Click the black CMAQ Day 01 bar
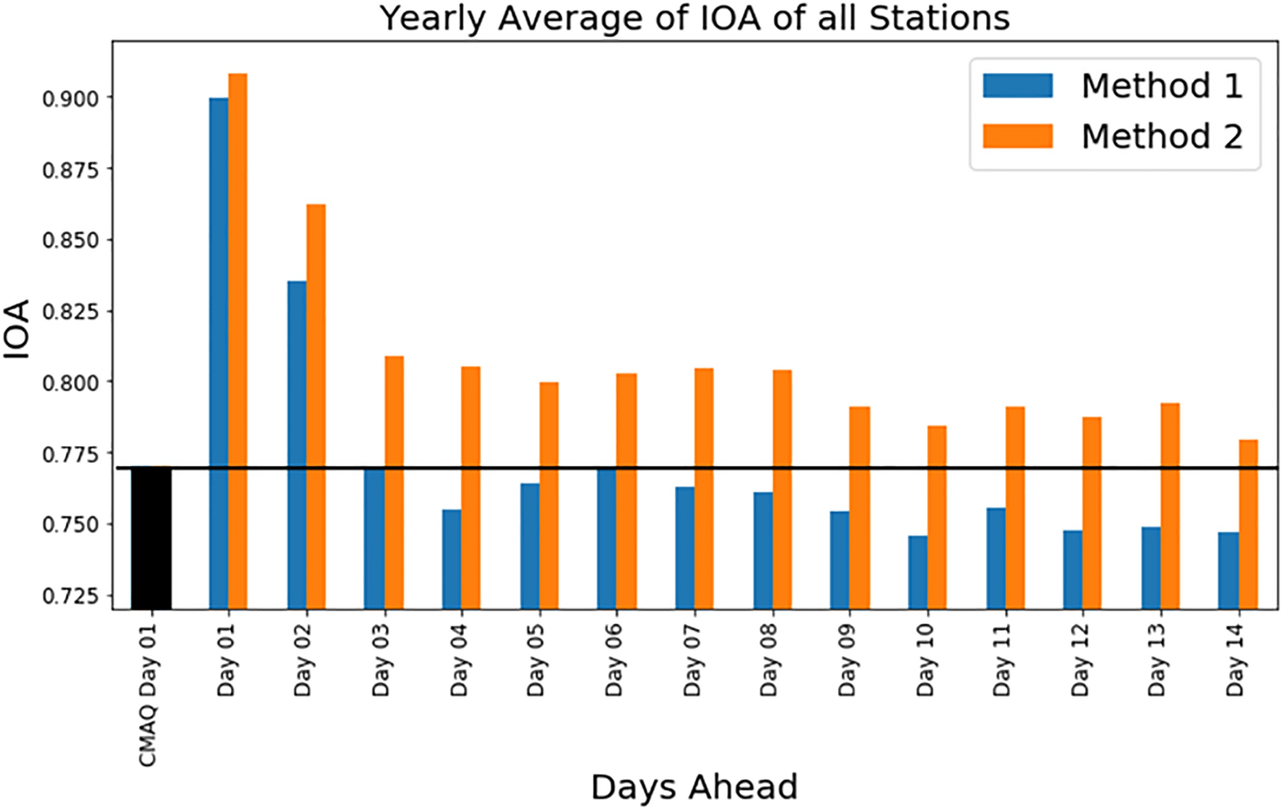[x=151, y=538]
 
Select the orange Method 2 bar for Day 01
[x=237, y=342]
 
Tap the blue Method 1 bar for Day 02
[x=297, y=445]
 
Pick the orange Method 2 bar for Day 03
[x=394, y=483]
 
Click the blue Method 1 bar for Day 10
[x=918, y=573]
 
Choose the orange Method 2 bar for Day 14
[x=1248, y=525]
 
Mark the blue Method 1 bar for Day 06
[x=606, y=539]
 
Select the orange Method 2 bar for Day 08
[x=783, y=490]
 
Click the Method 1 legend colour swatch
[x=1017, y=86]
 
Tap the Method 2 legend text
[x=1162, y=137]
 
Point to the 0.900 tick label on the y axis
[x=71, y=99]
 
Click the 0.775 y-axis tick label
[x=71, y=455]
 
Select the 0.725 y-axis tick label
[x=71, y=596]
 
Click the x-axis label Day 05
[x=535, y=660]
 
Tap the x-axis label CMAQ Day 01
[x=148, y=694]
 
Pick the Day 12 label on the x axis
[x=1079, y=660]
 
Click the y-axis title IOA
[x=17, y=329]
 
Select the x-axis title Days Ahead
[x=694, y=787]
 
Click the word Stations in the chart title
[x=939, y=18]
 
